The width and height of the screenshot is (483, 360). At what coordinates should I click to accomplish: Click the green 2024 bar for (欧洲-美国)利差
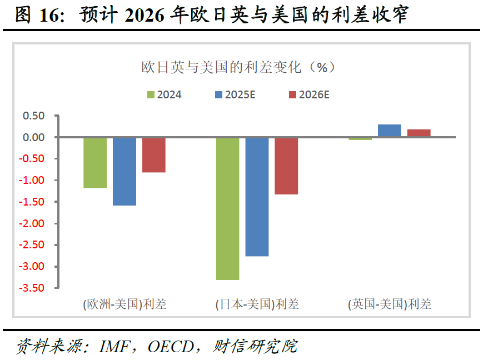(x=95, y=163)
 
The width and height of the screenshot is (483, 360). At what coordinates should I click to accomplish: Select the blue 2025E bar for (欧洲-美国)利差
(x=125, y=172)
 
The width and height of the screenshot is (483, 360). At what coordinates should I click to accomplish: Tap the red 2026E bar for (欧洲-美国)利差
(x=154, y=155)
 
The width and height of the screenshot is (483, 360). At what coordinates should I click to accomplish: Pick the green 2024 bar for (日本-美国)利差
(x=228, y=209)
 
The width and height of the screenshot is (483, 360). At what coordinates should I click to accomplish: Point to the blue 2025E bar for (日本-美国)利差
(x=257, y=197)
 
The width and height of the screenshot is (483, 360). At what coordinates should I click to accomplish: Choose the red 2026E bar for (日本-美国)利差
(x=286, y=166)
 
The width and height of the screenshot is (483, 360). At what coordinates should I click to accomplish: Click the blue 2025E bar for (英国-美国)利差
(x=390, y=131)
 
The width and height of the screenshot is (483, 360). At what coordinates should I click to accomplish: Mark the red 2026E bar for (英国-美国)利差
(x=419, y=133)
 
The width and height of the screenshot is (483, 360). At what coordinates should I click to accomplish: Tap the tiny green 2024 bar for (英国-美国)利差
(x=360, y=139)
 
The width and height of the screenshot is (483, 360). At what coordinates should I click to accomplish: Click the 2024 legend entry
(x=165, y=94)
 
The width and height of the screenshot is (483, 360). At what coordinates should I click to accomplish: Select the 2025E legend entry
(x=235, y=94)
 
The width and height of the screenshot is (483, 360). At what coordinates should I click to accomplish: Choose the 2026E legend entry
(x=309, y=94)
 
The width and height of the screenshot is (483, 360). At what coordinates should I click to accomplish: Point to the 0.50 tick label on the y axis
(x=33, y=116)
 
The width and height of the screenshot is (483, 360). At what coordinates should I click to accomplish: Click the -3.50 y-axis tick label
(x=32, y=288)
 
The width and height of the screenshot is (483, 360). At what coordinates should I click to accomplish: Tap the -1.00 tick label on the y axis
(x=32, y=180)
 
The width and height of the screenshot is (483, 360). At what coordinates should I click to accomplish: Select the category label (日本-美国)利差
(x=257, y=304)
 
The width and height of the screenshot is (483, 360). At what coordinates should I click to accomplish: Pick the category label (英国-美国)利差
(x=390, y=304)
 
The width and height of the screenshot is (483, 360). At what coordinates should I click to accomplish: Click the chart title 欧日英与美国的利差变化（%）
(x=238, y=67)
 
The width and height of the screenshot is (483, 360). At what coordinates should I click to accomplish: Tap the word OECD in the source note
(x=171, y=347)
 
